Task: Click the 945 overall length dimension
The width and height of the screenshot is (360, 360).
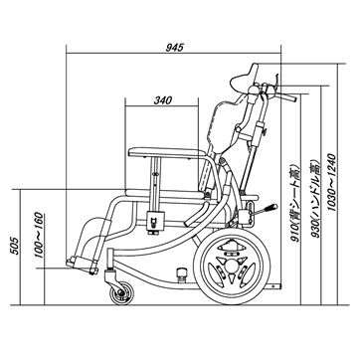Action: click(x=174, y=48)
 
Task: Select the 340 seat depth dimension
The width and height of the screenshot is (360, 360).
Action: click(x=163, y=100)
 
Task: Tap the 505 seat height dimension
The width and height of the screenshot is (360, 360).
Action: click(x=15, y=246)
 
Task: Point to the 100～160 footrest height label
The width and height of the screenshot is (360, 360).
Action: click(x=39, y=235)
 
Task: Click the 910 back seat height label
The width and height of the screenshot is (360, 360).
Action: click(x=294, y=202)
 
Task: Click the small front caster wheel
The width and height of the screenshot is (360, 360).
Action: click(x=121, y=293)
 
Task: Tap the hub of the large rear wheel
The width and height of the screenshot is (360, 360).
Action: click(x=230, y=267)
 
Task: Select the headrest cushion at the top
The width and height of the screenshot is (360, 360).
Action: click(x=245, y=79)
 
